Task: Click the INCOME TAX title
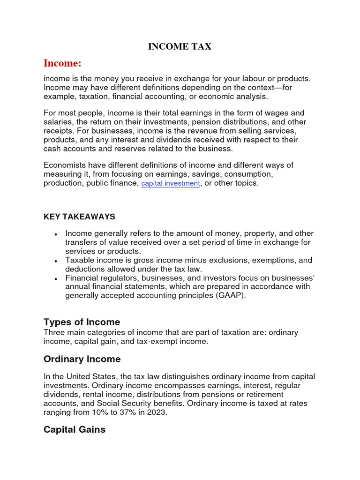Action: (180, 46)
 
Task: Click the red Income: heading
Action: (62, 63)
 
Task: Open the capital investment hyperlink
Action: (171, 183)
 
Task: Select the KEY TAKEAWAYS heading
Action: (79, 217)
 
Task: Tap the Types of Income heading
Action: (82, 322)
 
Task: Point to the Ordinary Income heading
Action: (82, 359)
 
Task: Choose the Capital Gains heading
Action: (75, 429)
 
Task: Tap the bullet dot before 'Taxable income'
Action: (56, 261)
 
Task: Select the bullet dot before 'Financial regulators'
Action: (56, 278)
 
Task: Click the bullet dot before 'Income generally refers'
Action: (56, 234)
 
